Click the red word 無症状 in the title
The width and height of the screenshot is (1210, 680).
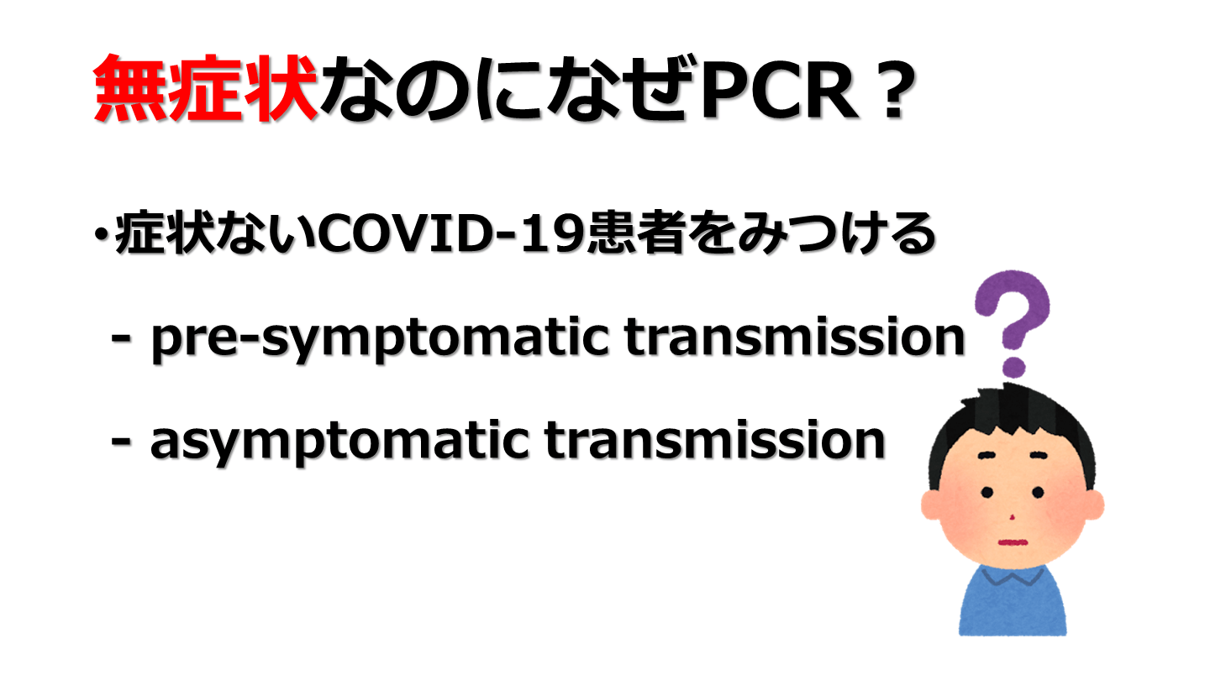pos(205,88)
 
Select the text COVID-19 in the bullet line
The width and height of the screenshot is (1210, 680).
pos(452,233)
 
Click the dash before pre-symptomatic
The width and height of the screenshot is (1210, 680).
pos(120,340)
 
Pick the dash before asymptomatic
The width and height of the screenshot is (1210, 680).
pos(120,443)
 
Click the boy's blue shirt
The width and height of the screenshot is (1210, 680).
pos(1013,602)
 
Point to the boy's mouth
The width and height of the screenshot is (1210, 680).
pos(1013,542)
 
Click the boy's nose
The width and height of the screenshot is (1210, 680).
pos(1013,517)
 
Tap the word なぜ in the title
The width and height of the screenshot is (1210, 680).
pos(623,89)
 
